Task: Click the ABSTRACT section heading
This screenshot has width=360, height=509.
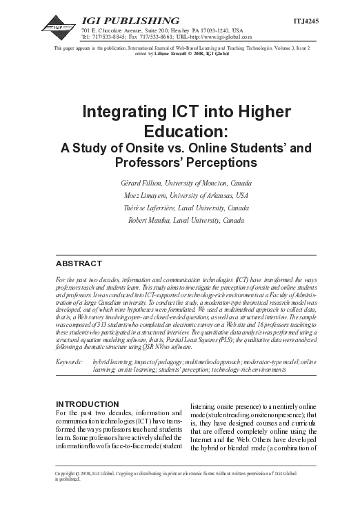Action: (x=79, y=264)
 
